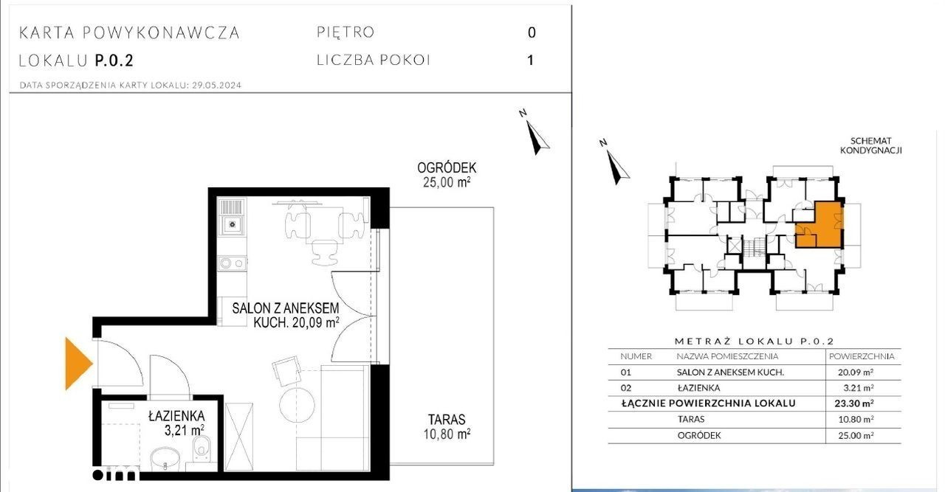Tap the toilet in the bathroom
(202, 448)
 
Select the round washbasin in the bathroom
(165, 459)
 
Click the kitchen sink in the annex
(231, 224)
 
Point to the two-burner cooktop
(232, 263)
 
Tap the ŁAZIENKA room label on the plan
(176, 416)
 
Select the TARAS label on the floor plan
(447, 420)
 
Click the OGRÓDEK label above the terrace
(447, 167)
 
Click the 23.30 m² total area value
(854, 403)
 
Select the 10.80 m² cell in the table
(856, 420)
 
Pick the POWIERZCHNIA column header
(862, 356)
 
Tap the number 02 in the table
(625, 388)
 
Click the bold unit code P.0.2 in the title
(114, 60)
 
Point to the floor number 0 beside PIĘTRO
(532, 32)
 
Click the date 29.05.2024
(216, 85)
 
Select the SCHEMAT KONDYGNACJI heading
(870, 145)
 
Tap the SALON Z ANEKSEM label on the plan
(285, 308)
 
